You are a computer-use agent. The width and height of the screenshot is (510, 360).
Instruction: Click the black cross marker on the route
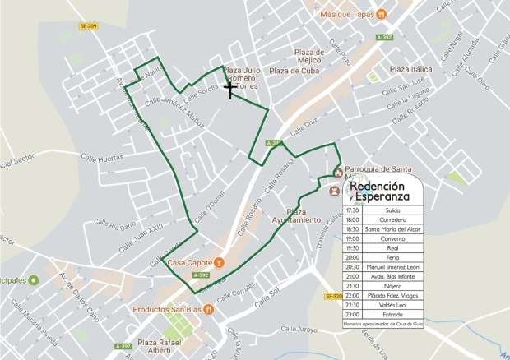(x=229, y=85)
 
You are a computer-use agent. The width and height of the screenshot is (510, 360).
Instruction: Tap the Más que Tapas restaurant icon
(x=382, y=14)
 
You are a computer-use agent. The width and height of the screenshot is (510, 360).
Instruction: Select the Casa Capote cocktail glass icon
(x=220, y=263)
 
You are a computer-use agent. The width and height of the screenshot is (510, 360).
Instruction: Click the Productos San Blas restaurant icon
(x=209, y=310)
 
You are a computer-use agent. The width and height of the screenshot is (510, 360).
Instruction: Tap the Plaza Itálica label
(x=410, y=69)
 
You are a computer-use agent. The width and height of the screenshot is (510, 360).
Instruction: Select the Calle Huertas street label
(x=103, y=156)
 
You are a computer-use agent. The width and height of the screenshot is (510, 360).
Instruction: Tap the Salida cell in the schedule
(x=392, y=210)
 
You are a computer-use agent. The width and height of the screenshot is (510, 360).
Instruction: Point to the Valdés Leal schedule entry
(x=392, y=304)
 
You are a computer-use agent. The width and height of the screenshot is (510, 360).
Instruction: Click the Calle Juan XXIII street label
(x=141, y=227)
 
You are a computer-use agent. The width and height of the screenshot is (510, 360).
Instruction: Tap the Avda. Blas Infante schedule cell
(x=392, y=276)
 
